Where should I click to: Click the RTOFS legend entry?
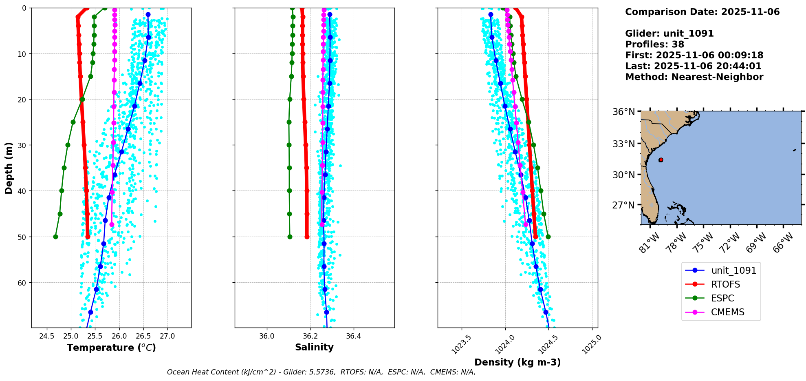[x=725, y=284]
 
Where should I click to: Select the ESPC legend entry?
[x=722, y=298]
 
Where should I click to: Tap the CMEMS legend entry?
[x=727, y=312]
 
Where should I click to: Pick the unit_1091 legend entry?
[x=733, y=270]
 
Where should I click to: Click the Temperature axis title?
[x=111, y=348]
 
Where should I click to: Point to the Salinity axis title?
[x=314, y=347]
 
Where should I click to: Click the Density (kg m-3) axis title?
[x=518, y=362]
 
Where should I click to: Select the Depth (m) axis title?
[x=9, y=168]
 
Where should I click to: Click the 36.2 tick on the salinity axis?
[x=310, y=337]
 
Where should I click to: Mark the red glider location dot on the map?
[x=661, y=160]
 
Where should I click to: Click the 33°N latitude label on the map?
[x=623, y=144]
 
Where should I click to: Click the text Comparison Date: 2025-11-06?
[x=702, y=12]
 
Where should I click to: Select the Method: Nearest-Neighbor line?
[x=694, y=77]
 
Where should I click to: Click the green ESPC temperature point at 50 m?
[x=55, y=237]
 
